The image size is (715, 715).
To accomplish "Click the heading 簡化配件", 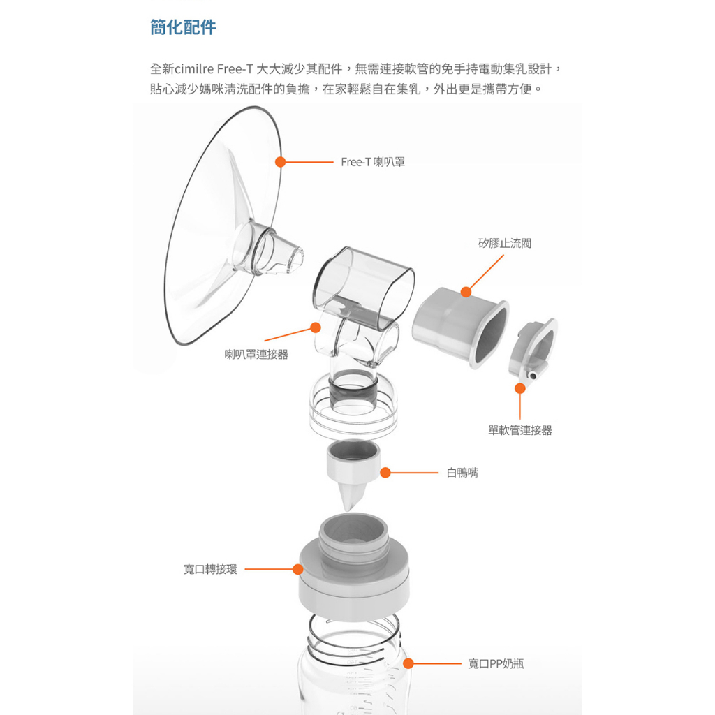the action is click(x=183, y=27).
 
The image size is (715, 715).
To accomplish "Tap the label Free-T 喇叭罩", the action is click(x=373, y=162).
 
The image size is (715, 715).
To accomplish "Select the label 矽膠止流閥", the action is click(x=505, y=243).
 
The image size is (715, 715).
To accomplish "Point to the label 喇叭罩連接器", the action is click(x=256, y=354).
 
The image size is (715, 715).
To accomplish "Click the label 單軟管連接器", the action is click(x=519, y=430).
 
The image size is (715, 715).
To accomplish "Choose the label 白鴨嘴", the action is click(x=462, y=473).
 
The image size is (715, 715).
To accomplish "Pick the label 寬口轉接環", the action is click(x=210, y=569).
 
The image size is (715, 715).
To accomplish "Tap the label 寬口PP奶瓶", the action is click(x=496, y=663).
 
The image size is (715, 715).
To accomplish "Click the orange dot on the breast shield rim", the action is click(x=281, y=162).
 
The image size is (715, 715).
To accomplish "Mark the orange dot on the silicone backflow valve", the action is click(x=466, y=292).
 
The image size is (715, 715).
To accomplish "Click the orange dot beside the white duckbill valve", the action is click(x=385, y=473).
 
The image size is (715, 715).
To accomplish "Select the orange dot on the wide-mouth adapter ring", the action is click(x=297, y=569).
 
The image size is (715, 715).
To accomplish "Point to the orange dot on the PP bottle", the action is click(x=408, y=663).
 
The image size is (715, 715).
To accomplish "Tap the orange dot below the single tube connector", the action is click(x=519, y=388).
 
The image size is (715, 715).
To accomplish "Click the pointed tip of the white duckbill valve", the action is click(x=348, y=509).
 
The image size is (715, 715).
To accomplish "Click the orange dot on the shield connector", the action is click(x=315, y=327).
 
